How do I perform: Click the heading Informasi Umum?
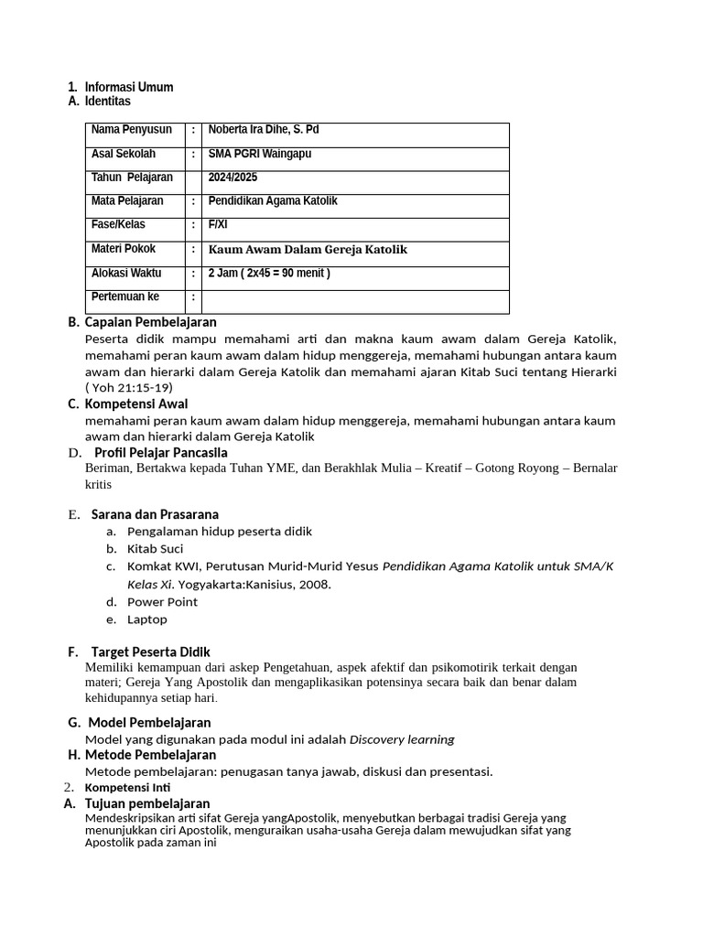tap(128, 87)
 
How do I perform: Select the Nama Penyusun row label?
tap(131, 130)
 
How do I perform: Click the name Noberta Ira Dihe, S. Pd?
tap(264, 130)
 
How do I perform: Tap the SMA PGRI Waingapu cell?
tap(260, 154)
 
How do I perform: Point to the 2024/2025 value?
tap(233, 178)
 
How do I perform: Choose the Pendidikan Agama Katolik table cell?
tap(273, 200)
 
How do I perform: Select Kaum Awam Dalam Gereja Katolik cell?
tap(308, 249)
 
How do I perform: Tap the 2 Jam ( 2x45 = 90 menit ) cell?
tap(269, 273)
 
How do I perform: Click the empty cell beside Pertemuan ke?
tap(355, 297)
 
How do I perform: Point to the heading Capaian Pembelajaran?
tap(150, 322)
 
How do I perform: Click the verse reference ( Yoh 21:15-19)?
tap(128, 387)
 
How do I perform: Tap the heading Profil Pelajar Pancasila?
tap(161, 453)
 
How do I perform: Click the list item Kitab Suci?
tap(155, 549)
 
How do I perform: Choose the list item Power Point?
tap(162, 602)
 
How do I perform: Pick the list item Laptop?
tap(147, 619)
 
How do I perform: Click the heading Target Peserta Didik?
tap(150, 652)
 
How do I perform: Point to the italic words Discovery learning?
tap(402, 739)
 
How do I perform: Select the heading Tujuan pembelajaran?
tap(147, 803)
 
